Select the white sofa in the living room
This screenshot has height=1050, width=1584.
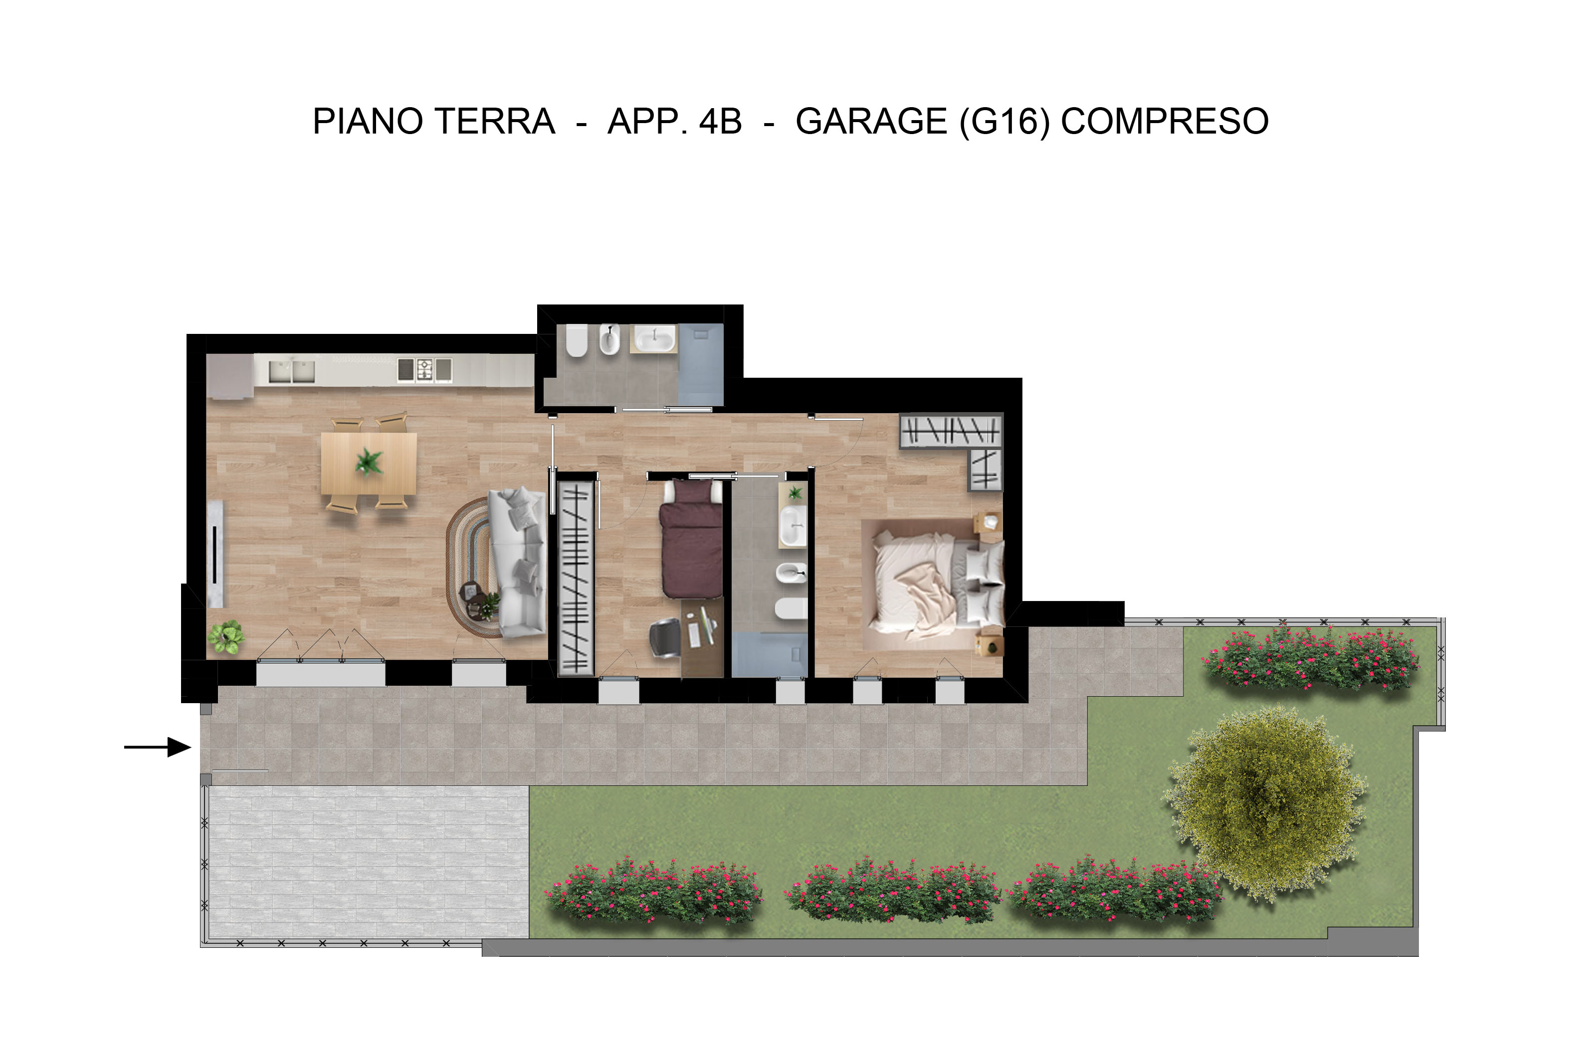pyautogui.click(x=517, y=563)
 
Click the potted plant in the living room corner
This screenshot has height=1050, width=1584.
pyautogui.click(x=225, y=636)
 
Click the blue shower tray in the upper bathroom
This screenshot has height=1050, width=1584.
pyautogui.click(x=701, y=364)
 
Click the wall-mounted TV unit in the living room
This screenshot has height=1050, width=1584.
pyautogui.click(x=215, y=553)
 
